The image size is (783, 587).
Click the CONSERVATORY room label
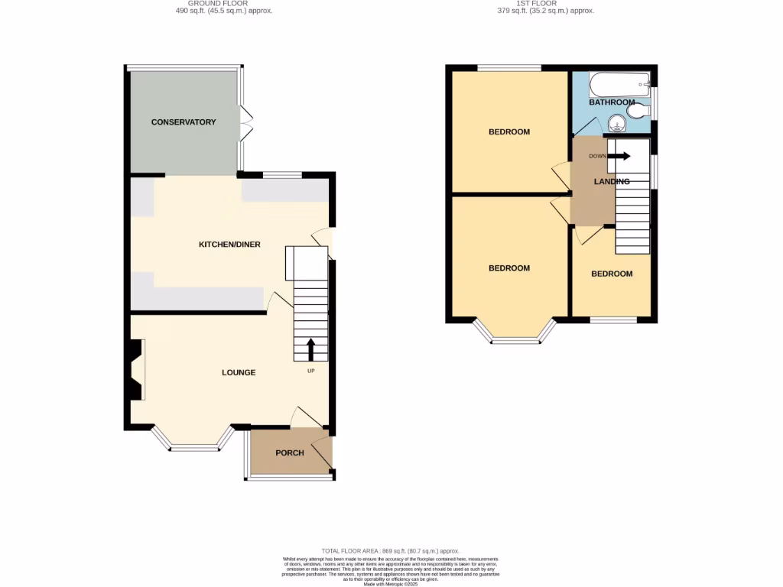[x=184, y=122]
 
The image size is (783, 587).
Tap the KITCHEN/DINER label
[x=229, y=245]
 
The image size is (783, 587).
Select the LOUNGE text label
[x=239, y=373]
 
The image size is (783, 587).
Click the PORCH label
[x=290, y=453]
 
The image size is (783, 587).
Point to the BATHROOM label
[x=612, y=102]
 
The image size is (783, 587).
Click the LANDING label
[x=612, y=182]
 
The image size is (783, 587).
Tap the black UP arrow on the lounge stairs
[x=310, y=350]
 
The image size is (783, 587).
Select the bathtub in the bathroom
[x=619, y=83]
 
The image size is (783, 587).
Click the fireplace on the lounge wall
[x=135, y=371]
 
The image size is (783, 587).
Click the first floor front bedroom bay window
[x=514, y=335]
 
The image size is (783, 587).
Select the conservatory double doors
[x=245, y=122]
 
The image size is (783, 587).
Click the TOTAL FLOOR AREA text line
[x=391, y=551]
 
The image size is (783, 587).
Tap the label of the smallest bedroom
[x=612, y=274]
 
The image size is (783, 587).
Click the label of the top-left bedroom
[x=509, y=132]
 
